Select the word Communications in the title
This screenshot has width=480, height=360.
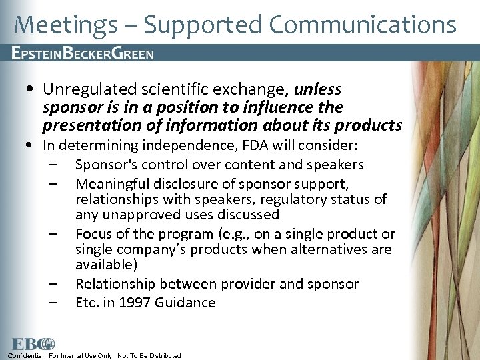pyautogui.click(x=363, y=25)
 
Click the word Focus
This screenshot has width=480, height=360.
pyautogui.click(x=93, y=234)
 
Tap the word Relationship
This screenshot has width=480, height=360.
pyautogui.click(x=113, y=284)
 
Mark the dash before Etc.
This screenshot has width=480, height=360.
pyautogui.click(x=53, y=303)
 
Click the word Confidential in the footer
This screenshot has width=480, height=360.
pyautogui.click(x=26, y=355)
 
